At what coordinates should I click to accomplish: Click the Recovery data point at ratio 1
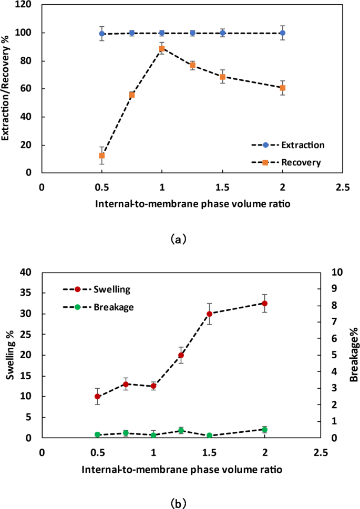162,48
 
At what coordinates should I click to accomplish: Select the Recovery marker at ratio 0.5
102,155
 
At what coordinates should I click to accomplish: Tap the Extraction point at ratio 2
283,33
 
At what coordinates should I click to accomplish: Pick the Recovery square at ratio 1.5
222,77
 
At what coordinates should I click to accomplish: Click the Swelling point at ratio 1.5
209,314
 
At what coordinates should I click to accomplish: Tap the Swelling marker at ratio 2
265,303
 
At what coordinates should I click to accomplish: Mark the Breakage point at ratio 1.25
181,431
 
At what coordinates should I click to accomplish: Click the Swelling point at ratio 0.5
98,397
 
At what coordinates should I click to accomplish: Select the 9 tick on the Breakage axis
334,289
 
